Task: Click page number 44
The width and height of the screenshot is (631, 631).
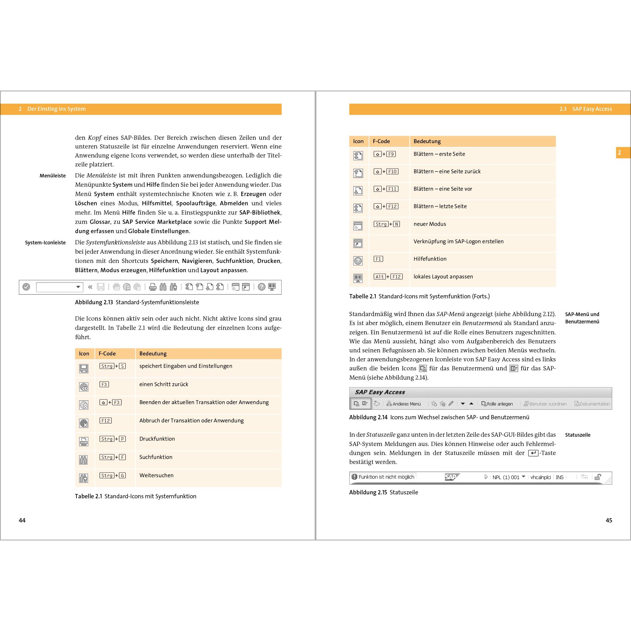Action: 22,520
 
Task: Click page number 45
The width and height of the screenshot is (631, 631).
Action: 609,520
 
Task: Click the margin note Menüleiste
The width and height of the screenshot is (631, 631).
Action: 53,176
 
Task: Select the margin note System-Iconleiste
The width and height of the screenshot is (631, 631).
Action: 45,243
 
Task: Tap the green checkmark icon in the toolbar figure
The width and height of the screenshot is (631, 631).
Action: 26,287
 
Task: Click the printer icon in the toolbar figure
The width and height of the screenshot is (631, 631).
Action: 152,287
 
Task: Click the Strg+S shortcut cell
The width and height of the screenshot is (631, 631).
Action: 112,366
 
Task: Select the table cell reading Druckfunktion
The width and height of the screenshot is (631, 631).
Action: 157,439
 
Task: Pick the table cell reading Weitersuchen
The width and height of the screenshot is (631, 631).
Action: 156,475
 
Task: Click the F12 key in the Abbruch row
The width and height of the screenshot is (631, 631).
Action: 105,421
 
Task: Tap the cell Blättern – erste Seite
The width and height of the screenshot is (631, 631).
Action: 439,154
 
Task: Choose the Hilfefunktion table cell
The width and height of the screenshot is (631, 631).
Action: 430,259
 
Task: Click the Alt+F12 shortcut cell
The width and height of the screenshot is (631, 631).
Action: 388,277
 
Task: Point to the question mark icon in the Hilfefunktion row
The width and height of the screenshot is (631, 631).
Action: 358,261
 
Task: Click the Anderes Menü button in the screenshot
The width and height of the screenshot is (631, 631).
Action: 404,404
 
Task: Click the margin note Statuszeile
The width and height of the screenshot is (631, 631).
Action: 578,435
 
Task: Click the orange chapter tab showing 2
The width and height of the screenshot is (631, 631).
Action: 619,152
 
